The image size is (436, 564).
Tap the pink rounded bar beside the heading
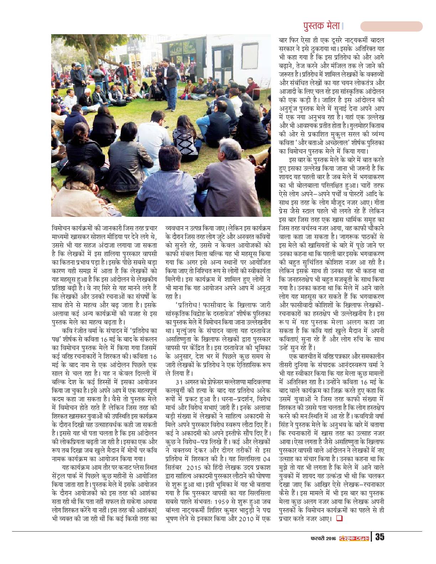(391, 26)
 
